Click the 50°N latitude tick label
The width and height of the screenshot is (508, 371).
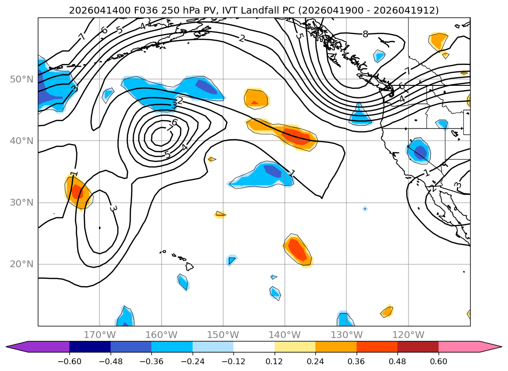coord(21,80)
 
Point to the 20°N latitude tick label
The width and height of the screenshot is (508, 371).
coord(21,264)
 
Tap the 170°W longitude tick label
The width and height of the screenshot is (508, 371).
coord(99,335)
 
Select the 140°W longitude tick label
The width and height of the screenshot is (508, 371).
coord(285,335)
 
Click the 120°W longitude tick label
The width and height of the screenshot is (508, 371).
coord(408,335)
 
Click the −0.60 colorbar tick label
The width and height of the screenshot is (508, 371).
coord(69,361)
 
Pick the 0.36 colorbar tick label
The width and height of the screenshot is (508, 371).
coord(357,361)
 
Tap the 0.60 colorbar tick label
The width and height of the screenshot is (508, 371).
coord(438,361)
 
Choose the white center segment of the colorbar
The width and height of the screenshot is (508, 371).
coord(254,347)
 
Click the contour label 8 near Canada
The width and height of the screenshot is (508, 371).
coord(365,34)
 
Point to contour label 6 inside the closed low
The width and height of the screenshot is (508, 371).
coord(175,122)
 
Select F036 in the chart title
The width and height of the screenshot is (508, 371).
coord(145,10)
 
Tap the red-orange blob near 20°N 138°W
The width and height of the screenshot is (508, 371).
coord(298,250)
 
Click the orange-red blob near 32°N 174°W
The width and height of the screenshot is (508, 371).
coord(78,192)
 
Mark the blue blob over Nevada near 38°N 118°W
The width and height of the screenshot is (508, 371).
coord(418,150)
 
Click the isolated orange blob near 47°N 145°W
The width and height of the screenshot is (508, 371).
coord(256,99)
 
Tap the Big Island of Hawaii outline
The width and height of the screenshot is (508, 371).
coord(189,266)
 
